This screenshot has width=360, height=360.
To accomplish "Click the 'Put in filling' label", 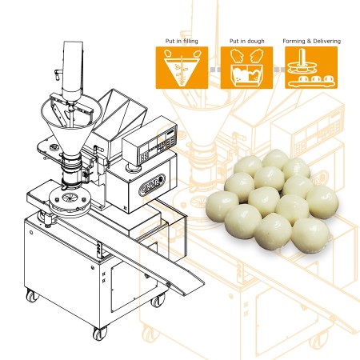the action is [182, 41].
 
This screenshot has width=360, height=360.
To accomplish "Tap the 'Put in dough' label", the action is [247, 41].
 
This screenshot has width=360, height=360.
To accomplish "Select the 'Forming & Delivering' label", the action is [311, 41].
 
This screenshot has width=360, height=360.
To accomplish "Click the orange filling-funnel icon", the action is [182, 68].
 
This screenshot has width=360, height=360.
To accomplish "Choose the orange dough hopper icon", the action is [246, 68].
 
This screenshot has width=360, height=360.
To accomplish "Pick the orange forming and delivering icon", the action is [311, 68].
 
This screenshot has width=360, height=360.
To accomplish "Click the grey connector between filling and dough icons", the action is [214, 70].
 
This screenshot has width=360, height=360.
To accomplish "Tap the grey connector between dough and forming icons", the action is [279, 70].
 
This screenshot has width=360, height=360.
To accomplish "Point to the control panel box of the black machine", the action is [150, 144].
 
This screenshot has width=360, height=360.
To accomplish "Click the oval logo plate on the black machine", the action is [152, 185].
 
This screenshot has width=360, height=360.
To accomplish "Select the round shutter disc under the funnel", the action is [70, 201].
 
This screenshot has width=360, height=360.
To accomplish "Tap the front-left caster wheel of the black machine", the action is [32, 295].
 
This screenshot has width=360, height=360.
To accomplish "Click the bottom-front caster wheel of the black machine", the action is [100, 333].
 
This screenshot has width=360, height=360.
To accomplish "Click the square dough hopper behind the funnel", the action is [122, 112].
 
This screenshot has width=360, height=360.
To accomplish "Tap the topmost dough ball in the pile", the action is [275, 159].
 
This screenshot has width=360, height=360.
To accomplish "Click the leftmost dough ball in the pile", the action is [222, 206].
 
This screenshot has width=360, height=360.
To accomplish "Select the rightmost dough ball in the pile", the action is [322, 202].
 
